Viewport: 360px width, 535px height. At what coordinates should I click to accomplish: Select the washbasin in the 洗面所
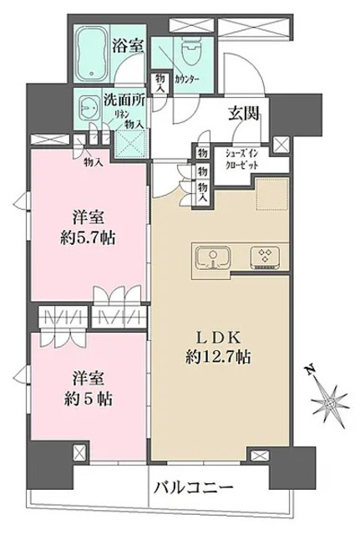(89, 108)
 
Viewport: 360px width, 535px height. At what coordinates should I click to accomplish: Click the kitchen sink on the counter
(212, 258)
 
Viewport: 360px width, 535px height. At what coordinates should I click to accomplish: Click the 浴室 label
(128, 45)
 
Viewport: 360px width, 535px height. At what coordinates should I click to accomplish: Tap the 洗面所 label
(124, 100)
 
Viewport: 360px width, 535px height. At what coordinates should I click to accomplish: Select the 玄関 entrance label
(243, 114)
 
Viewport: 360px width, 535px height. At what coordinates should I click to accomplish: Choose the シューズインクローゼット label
(240, 160)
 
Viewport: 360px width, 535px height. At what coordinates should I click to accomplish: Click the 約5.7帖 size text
(88, 238)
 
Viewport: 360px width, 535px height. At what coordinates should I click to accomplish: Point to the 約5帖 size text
(89, 399)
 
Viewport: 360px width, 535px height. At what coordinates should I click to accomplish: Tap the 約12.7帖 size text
(219, 357)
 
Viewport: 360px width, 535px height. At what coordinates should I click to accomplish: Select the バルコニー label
(193, 487)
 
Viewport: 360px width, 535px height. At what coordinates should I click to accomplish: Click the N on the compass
(310, 370)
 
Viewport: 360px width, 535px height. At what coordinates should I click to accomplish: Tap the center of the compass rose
(329, 404)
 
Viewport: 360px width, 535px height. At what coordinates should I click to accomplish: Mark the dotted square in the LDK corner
(272, 193)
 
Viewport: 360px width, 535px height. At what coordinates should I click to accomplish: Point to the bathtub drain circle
(91, 74)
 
